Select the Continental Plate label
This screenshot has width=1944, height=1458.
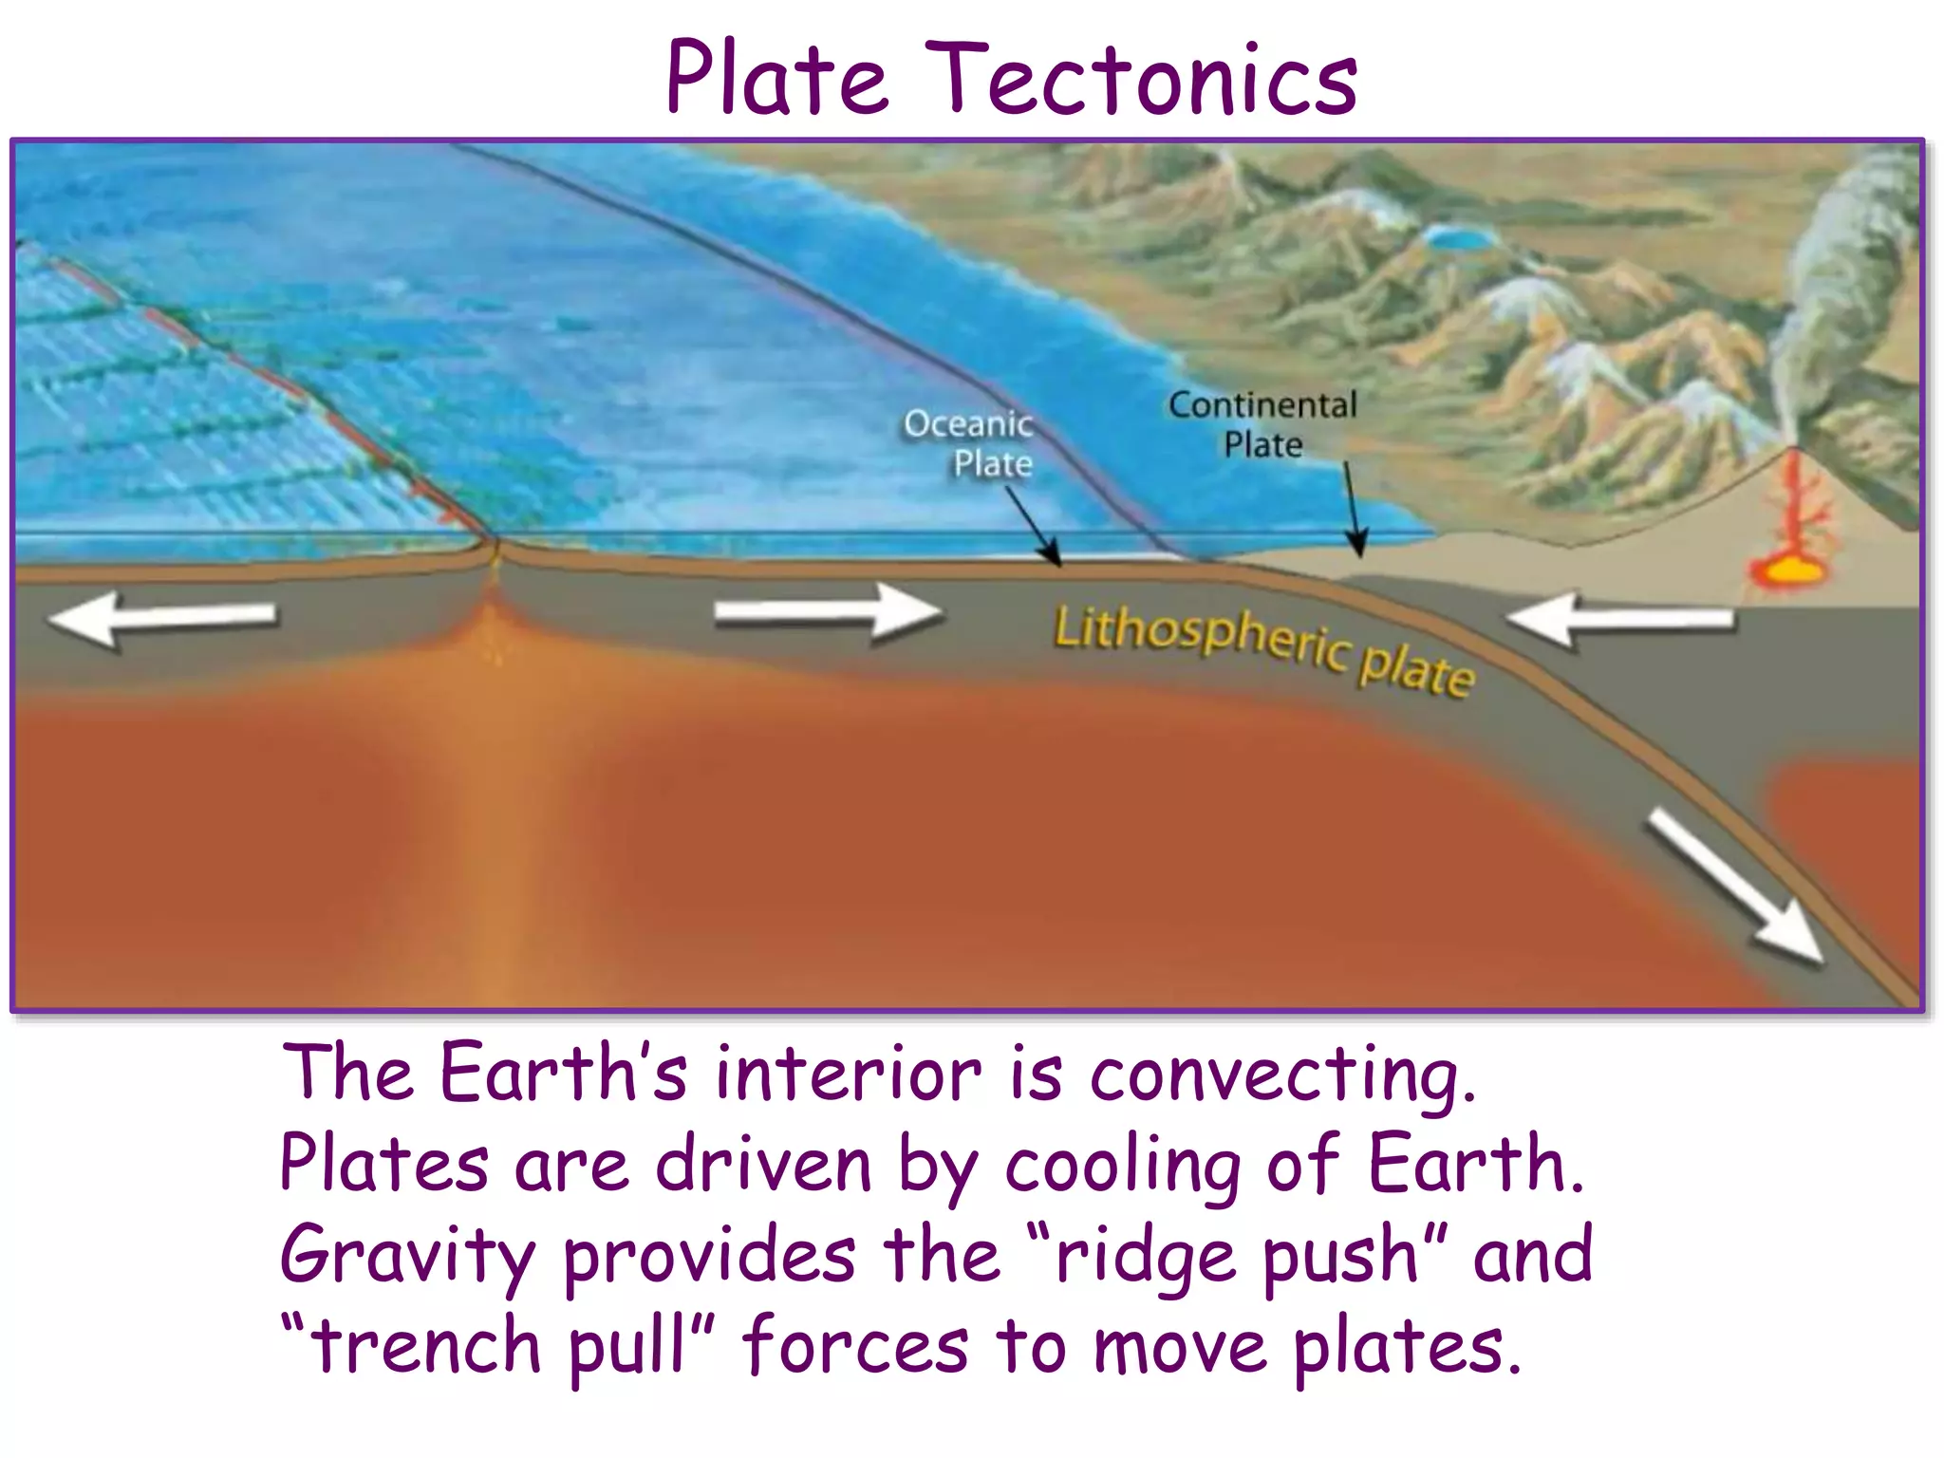click(x=1262, y=424)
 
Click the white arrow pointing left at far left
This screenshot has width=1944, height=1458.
click(x=162, y=617)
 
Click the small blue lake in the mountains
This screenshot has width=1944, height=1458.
click(x=1460, y=237)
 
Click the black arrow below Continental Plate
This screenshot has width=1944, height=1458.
click(x=1354, y=509)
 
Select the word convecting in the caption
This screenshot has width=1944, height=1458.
click(x=1281, y=1075)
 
